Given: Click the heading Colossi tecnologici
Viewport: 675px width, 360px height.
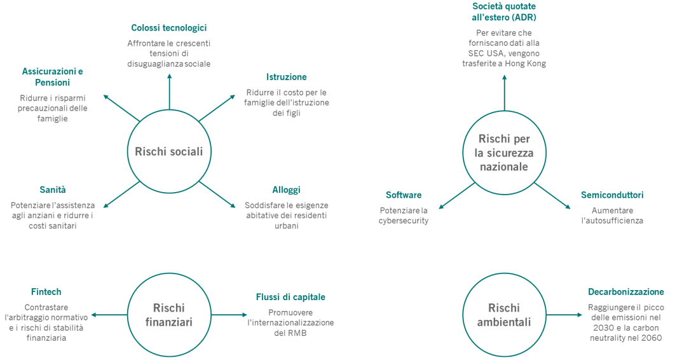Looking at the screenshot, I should point(168,28).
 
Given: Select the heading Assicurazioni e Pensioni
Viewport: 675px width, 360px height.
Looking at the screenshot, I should point(52,77).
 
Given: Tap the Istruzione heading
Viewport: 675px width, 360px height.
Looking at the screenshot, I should point(286,77).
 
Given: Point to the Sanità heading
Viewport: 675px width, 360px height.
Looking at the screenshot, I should point(53,190).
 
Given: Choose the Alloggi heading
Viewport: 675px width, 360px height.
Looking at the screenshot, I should point(286,190).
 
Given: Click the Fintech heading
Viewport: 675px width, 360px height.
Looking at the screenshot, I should point(46,292).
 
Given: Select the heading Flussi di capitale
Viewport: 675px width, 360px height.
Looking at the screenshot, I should point(290,297).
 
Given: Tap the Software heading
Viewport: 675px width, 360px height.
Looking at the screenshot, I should point(404,195).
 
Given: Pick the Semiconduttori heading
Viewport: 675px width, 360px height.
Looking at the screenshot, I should point(612,195).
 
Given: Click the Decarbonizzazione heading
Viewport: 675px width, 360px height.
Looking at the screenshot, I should point(626,292).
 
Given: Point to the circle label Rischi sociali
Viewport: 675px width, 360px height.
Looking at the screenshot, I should point(169,151).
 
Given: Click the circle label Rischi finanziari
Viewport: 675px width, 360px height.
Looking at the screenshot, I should point(169,315).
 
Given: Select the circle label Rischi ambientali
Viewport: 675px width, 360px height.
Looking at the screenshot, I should point(505,315).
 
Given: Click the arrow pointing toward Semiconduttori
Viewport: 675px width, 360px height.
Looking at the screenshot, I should point(553,195).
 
